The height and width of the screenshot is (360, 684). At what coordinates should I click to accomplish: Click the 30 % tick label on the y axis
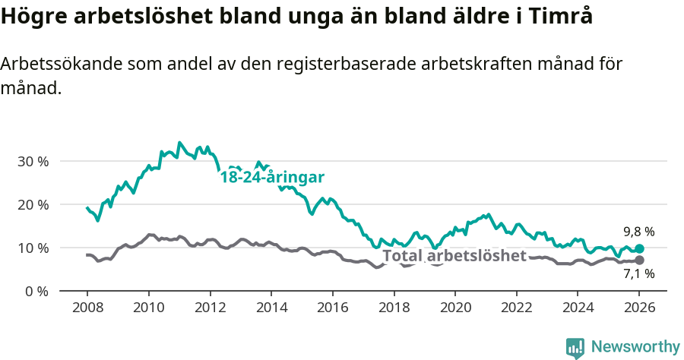point(33,161)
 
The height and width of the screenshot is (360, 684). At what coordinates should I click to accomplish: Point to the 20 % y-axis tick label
point(33,204)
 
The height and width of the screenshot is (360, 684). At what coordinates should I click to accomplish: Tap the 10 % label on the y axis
point(33,248)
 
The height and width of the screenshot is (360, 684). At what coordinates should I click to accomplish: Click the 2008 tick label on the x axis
point(87,308)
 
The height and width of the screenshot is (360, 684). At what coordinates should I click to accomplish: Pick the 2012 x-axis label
point(210,308)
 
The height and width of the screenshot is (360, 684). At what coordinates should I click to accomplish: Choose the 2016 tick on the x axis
point(332,308)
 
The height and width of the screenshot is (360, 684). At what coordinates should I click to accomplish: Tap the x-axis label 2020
point(455,308)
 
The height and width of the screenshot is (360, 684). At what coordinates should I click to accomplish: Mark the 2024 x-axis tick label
point(578,308)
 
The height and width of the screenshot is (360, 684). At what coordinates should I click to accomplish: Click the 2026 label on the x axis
point(639,308)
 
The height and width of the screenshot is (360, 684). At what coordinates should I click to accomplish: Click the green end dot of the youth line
point(639,248)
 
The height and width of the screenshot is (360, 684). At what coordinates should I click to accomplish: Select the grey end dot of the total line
point(639,261)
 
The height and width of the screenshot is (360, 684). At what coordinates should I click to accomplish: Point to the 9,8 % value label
point(638,232)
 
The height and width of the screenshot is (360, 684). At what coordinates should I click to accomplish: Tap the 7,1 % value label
point(638,274)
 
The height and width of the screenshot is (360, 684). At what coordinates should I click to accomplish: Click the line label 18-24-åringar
point(272,178)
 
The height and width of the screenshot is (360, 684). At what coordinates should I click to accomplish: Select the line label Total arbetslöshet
point(454,256)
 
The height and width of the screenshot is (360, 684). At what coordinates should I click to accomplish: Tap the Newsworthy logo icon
point(575,348)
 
